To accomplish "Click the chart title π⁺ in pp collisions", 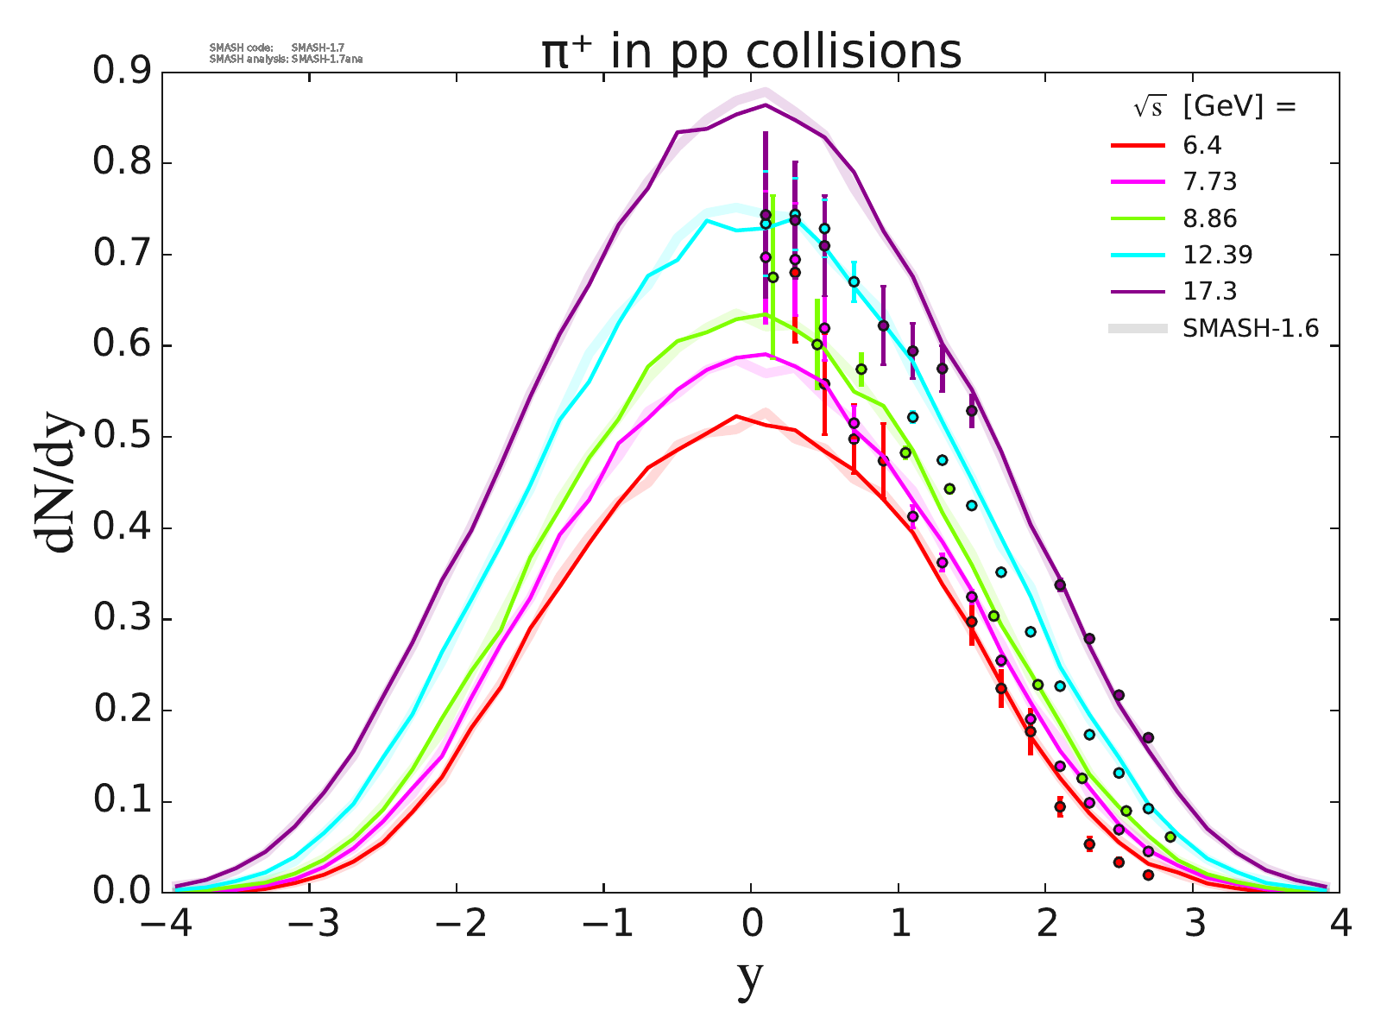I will [x=751, y=52].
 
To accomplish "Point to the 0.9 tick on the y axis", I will [x=120, y=73].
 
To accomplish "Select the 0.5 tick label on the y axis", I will [x=120, y=437].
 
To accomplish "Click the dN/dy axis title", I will [x=55, y=483].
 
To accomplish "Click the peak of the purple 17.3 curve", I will [x=766, y=104].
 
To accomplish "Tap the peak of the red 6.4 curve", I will [x=736, y=416].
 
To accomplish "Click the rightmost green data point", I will [x=1170, y=837].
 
